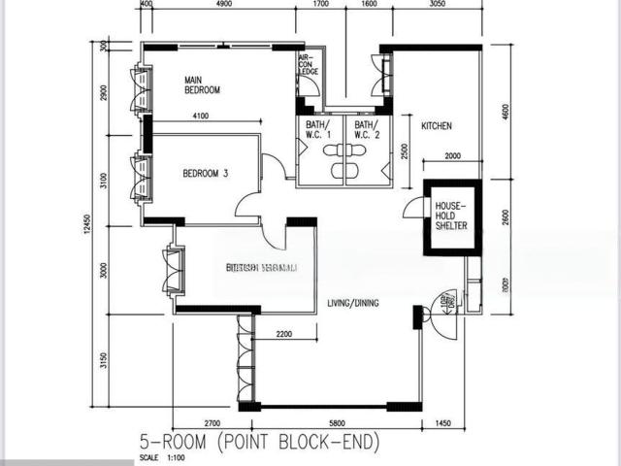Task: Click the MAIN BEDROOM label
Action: point(203,85)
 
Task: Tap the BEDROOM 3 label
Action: point(205,174)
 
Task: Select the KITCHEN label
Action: point(436,126)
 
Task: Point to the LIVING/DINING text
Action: point(352,303)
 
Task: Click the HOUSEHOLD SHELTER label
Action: point(451,216)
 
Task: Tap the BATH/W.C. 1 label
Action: point(317,130)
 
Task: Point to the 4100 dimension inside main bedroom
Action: point(201,116)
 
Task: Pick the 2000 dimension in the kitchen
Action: point(452,156)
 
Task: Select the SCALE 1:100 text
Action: point(162,457)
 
